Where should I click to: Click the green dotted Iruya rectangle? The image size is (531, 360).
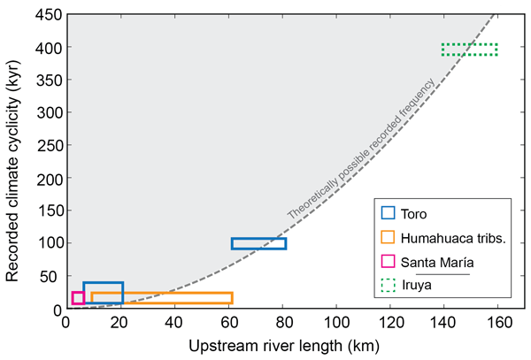coord(469,50)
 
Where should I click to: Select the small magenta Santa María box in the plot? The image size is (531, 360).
coord(78,297)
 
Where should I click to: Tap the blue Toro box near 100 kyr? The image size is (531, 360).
coord(258,243)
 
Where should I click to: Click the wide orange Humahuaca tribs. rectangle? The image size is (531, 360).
coord(161,298)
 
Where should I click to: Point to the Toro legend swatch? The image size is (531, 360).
coord(388,212)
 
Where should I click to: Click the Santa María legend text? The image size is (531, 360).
coord(436,262)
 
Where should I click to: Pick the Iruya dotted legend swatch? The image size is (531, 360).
coord(388,286)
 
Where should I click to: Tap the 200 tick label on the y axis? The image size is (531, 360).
coord(45,178)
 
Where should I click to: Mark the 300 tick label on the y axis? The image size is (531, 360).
coord(45,112)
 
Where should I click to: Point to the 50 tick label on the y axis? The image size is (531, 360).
coord(49,276)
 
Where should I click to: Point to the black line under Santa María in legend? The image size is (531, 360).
coord(442,274)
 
